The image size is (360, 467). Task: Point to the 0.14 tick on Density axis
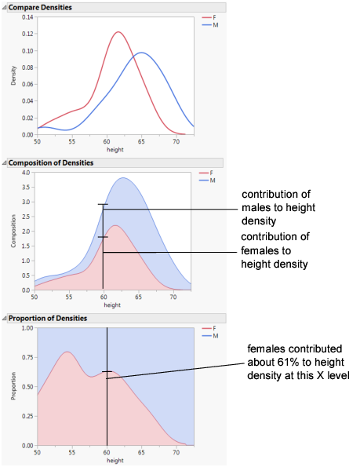click(27, 17)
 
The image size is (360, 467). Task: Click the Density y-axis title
click(13, 75)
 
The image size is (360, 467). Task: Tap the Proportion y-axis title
click(13, 387)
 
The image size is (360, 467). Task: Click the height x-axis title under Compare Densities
click(115, 149)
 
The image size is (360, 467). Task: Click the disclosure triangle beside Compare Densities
click(3, 6)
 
